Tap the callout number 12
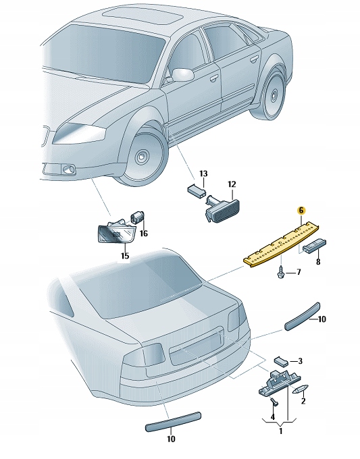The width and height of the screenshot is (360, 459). [x=231, y=184]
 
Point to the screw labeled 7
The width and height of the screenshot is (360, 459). [x=278, y=273]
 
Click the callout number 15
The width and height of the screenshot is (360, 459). [x=125, y=256]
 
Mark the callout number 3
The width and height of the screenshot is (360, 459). [x=300, y=362]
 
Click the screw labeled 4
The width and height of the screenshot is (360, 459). [x=274, y=402]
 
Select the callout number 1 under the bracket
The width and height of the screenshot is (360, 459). [x=282, y=431]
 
